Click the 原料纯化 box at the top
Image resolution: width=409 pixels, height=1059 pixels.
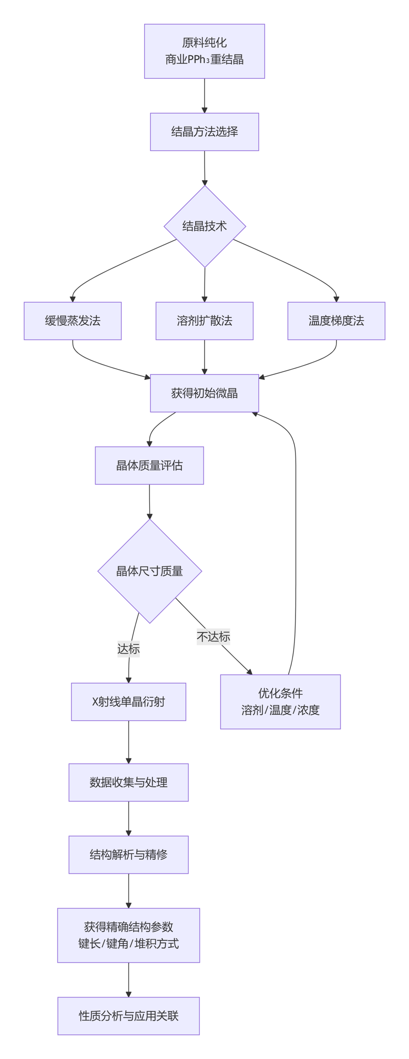coord(204,51)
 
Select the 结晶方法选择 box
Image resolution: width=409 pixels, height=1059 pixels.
coord(204,132)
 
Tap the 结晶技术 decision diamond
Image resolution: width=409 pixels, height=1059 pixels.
coord(204,226)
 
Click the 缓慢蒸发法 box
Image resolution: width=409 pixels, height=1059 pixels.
coord(73,321)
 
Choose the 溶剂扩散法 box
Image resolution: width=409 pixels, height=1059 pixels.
coord(204,321)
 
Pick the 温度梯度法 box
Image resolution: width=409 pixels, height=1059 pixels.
coord(336,321)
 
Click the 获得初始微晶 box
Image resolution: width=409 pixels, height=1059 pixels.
coord(204,393)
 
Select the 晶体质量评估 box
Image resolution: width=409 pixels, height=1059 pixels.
coord(149,465)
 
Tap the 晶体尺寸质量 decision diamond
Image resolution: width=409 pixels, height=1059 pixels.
coord(149,571)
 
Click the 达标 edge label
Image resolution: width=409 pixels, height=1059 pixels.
coord(128,649)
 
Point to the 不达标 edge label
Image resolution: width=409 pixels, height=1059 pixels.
coord(213,637)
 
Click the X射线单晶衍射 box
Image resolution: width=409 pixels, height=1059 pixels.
coord(128,702)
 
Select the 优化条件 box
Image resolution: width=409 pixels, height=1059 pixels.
coord(280,702)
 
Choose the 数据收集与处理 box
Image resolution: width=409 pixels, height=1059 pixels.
coord(128,782)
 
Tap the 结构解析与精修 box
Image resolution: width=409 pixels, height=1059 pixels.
coord(128,855)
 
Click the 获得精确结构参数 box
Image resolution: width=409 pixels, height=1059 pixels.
coord(128,936)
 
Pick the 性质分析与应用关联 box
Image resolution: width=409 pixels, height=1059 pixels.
coord(128,1016)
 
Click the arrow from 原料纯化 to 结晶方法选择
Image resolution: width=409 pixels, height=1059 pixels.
coord(204,96)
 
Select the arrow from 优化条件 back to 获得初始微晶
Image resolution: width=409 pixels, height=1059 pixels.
coord(296,538)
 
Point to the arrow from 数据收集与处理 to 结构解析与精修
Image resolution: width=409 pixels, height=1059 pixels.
coord(128,819)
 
